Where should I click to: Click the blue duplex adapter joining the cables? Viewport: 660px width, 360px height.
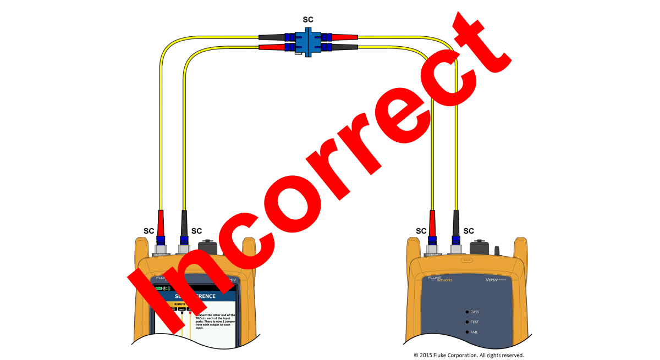(x=308, y=42)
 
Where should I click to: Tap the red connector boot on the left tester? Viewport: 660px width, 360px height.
(x=161, y=223)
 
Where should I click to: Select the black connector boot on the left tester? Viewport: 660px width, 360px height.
(x=184, y=223)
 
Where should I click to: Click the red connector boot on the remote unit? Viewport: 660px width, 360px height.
(x=432, y=223)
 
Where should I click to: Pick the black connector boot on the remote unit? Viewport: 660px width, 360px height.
(x=455, y=223)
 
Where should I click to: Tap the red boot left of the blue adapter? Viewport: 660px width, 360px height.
(x=272, y=47)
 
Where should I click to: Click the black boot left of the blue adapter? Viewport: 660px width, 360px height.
(x=272, y=37)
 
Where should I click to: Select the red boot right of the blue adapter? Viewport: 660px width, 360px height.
(x=344, y=37)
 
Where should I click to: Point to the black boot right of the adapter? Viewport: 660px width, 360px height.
(x=344, y=47)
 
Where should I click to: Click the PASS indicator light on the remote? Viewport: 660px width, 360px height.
(x=466, y=312)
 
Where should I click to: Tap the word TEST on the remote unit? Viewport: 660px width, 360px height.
(x=475, y=322)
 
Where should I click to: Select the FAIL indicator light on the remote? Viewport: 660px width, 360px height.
(x=466, y=333)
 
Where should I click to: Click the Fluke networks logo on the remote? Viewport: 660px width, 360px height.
(x=440, y=279)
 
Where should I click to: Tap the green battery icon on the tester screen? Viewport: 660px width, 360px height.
(x=159, y=288)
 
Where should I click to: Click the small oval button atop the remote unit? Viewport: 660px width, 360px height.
(x=467, y=260)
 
